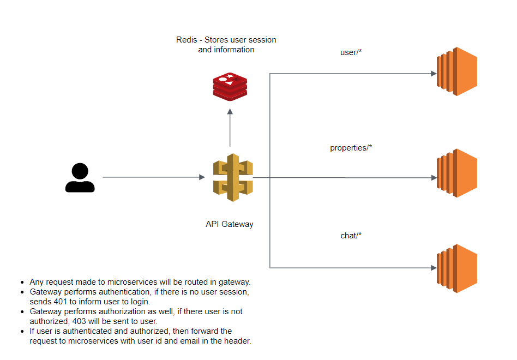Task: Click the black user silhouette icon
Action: click(80, 178)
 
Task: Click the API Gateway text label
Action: click(229, 224)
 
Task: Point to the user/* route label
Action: click(351, 53)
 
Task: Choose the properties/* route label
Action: click(351, 148)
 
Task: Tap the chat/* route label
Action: click(351, 236)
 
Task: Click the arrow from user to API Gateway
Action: click(153, 177)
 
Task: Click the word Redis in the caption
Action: click(187, 40)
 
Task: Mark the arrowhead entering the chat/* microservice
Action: click(434, 268)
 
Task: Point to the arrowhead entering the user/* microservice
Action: click(434, 73)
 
